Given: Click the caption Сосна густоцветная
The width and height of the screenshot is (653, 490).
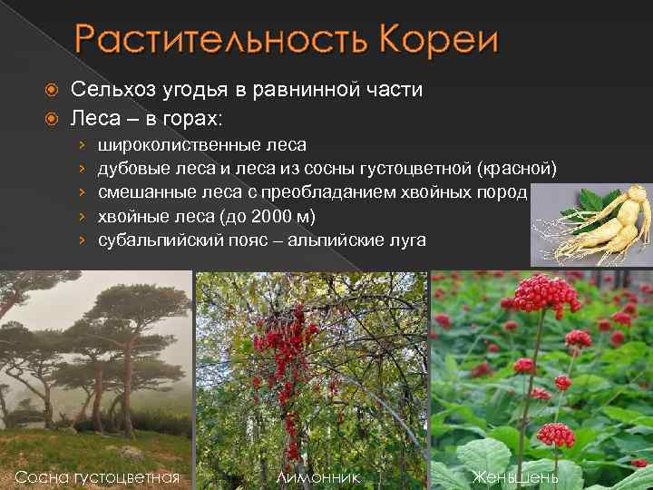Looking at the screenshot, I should (x=97, y=476).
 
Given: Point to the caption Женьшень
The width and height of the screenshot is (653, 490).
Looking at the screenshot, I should (x=515, y=476).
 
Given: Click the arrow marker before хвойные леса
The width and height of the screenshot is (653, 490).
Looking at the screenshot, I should (x=82, y=217).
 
